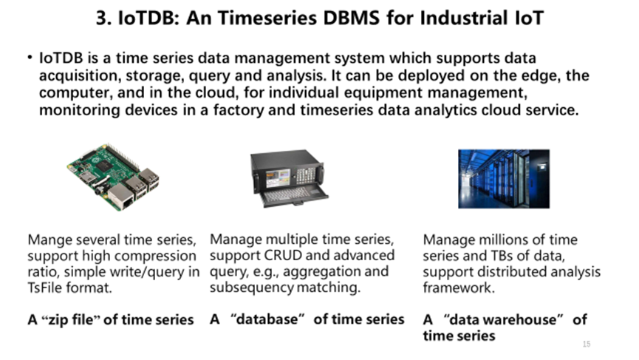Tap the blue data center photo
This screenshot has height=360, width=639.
[504, 177]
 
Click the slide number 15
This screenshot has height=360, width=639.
[587, 344]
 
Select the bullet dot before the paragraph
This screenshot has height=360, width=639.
[29, 58]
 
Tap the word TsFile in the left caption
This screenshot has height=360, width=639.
[49, 288]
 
